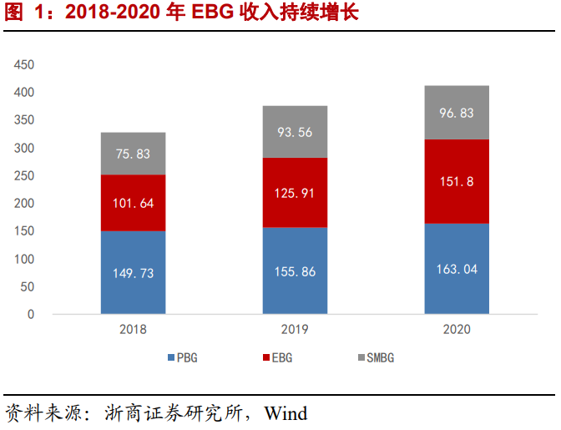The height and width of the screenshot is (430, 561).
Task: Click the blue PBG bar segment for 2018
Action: (133, 272)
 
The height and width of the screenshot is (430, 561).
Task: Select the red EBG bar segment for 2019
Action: (295, 193)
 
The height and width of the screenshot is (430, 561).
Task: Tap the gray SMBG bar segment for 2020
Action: (457, 112)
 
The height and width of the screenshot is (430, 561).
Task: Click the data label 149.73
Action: (134, 273)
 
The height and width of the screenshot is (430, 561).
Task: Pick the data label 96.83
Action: (457, 113)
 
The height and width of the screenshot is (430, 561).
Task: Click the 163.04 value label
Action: (457, 270)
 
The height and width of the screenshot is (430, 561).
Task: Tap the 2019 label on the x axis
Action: (295, 329)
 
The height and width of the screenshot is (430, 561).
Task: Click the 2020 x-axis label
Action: (457, 329)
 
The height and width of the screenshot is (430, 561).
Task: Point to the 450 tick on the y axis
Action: (25, 64)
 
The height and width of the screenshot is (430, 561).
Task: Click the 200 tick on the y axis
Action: (25, 204)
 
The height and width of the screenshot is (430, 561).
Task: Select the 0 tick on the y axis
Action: (31, 315)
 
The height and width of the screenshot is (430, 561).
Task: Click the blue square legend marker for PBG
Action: (171, 357)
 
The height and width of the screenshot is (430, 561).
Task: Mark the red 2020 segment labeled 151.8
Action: (457, 181)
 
